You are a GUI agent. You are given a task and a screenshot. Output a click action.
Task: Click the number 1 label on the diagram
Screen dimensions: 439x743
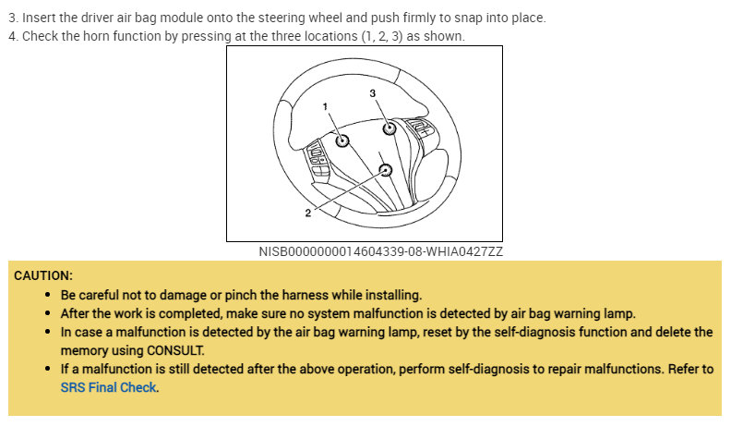click(x=326, y=107)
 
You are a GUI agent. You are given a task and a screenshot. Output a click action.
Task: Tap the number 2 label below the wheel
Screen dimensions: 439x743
click(x=307, y=213)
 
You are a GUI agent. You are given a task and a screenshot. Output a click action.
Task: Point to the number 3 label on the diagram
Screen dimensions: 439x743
click(x=372, y=93)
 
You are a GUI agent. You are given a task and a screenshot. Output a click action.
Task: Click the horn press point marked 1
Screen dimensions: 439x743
click(x=342, y=141)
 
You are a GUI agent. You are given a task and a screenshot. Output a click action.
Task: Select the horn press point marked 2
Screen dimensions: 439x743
click(x=385, y=170)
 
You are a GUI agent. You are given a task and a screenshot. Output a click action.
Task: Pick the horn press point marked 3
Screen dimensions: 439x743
click(x=389, y=128)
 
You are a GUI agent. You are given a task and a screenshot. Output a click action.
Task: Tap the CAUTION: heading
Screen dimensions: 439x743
click(x=43, y=275)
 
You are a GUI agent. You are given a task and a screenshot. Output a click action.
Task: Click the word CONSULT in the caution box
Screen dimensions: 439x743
click(x=174, y=350)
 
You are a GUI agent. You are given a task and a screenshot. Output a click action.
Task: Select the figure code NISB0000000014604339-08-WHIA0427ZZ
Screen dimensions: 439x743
click(x=381, y=250)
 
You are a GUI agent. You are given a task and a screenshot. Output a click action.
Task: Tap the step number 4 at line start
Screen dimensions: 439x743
click(x=12, y=36)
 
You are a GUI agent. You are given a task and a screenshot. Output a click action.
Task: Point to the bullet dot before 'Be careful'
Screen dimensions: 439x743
click(x=48, y=295)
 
